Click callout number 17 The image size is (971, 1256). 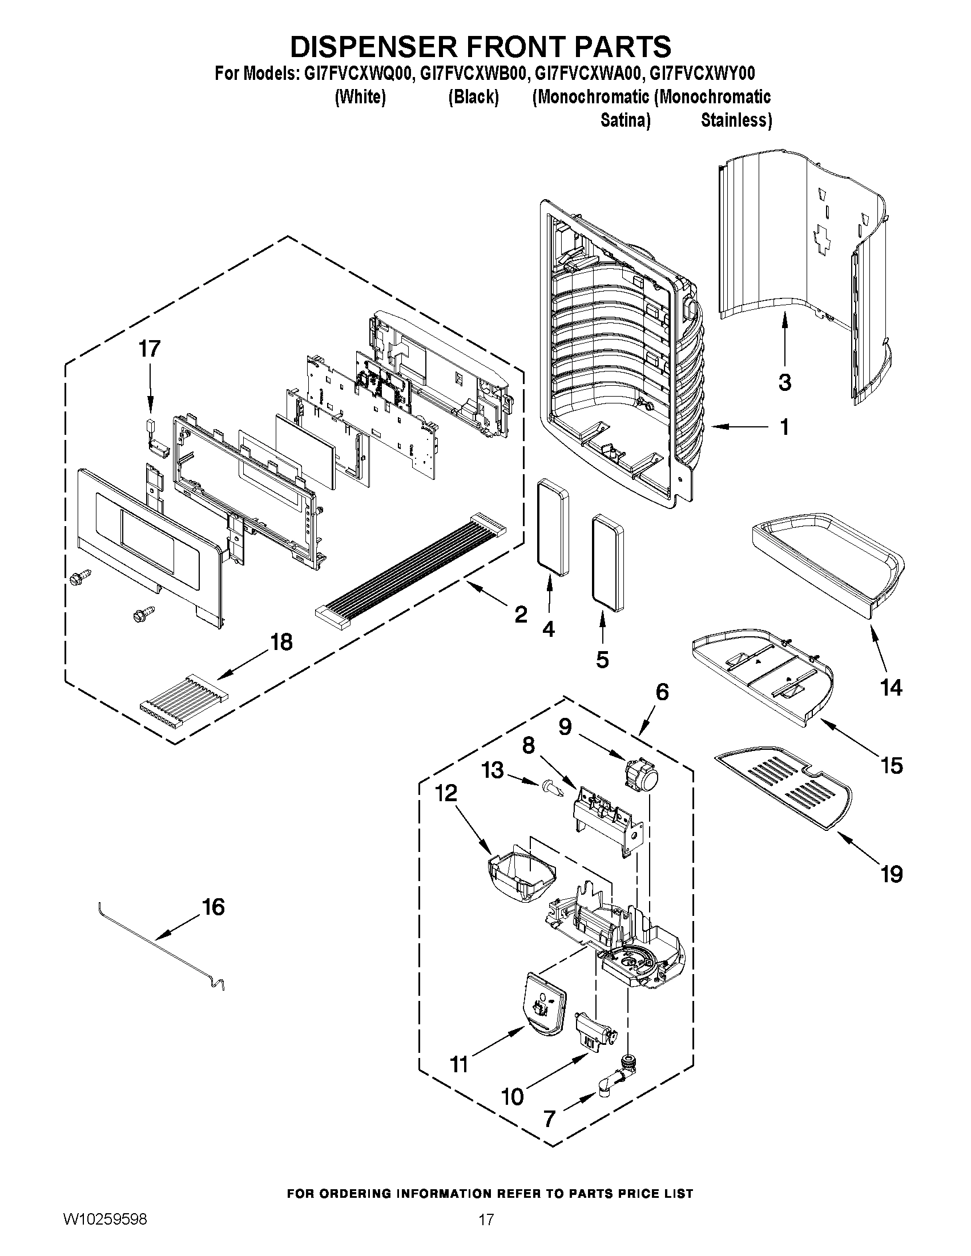click(x=150, y=349)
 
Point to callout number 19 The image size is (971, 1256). click(x=892, y=875)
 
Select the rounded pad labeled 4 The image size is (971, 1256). click(x=552, y=529)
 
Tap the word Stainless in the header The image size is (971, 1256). click(x=736, y=120)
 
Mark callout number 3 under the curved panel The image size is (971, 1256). click(x=785, y=382)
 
